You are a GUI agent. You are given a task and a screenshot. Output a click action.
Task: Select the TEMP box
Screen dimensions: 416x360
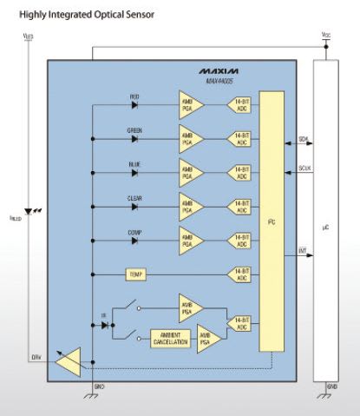click(x=135, y=274)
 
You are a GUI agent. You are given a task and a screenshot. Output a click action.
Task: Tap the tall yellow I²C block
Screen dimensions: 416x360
click(x=272, y=221)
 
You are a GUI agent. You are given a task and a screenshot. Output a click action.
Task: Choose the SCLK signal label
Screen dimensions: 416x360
click(x=304, y=168)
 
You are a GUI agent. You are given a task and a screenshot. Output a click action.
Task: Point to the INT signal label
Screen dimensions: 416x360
click(x=303, y=251)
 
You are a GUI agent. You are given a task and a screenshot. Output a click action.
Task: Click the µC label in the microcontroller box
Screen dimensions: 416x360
click(x=328, y=228)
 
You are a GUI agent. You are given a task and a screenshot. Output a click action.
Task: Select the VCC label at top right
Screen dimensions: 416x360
click(x=326, y=36)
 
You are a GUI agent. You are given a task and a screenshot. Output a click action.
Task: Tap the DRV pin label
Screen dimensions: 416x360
click(x=36, y=356)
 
